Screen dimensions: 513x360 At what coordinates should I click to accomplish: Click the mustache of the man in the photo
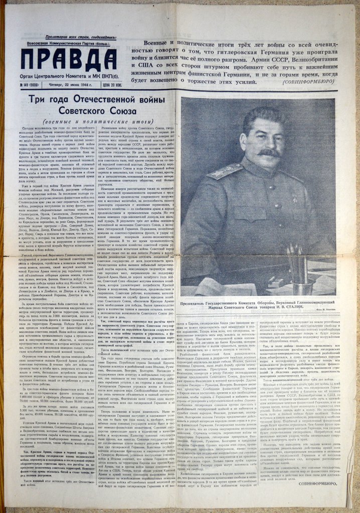268,151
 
